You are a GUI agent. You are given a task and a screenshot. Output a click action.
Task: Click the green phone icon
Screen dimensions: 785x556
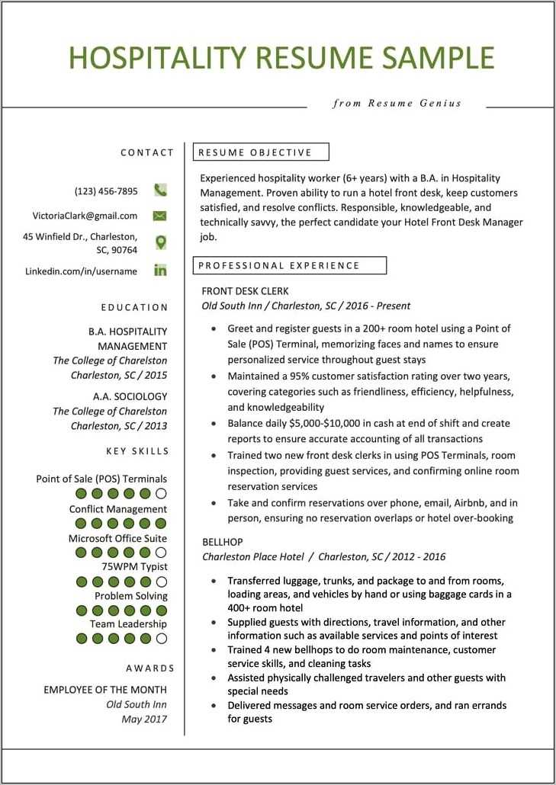(x=160, y=191)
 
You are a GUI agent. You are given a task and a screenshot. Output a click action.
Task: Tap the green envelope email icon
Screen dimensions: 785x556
(x=160, y=216)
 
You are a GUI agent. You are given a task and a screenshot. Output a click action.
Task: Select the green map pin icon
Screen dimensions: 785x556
(x=160, y=242)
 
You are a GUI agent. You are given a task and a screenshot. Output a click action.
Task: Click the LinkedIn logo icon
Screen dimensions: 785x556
(x=160, y=270)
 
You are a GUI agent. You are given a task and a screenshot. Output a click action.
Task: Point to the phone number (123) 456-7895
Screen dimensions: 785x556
(x=106, y=191)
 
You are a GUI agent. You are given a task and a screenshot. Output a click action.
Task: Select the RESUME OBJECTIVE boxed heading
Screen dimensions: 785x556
(x=261, y=152)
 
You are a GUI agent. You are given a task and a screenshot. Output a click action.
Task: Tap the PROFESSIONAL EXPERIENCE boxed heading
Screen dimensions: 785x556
(x=290, y=265)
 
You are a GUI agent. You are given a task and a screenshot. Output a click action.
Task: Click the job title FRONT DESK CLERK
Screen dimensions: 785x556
(x=245, y=291)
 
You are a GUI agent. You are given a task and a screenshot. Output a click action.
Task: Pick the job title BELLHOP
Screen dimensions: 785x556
(x=221, y=542)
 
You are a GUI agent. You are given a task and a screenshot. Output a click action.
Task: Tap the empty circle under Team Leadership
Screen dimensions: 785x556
(x=160, y=639)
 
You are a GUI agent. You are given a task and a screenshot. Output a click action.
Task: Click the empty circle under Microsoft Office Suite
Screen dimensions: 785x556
(x=160, y=552)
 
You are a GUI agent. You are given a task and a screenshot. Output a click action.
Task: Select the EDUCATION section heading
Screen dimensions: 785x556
(x=134, y=307)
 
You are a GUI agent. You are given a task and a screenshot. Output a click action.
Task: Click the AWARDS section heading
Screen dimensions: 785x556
(x=150, y=668)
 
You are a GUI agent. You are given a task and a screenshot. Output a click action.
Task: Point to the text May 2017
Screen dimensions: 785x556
(x=144, y=719)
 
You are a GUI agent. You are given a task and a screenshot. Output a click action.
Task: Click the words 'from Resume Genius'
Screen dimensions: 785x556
(x=397, y=103)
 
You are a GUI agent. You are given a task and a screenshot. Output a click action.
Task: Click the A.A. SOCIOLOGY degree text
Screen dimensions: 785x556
(x=130, y=396)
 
